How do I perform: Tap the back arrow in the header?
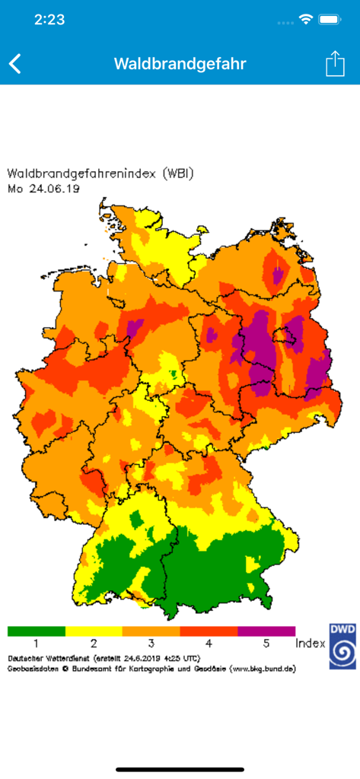(x=15, y=64)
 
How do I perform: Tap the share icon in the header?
(x=335, y=64)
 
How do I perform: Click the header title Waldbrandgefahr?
(x=180, y=64)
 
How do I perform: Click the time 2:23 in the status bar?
(x=50, y=21)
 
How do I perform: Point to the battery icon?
(x=330, y=20)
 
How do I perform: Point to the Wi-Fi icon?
(x=306, y=20)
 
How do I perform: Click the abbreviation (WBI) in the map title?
(x=179, y=173)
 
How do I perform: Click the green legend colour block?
(x=37, y=631)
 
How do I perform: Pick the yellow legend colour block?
(x=94, y=631)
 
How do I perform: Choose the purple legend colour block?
(x=266, y=631)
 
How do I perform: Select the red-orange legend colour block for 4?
(x=209, y=631)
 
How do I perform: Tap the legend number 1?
(x=37, y=644)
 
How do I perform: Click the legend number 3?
(x=151, y=644)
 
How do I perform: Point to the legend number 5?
(x=266, y=644)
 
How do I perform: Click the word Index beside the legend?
(x=311, y=644)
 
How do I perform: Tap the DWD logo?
(x=342, y=646)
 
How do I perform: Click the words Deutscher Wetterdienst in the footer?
(x=43, y=657)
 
